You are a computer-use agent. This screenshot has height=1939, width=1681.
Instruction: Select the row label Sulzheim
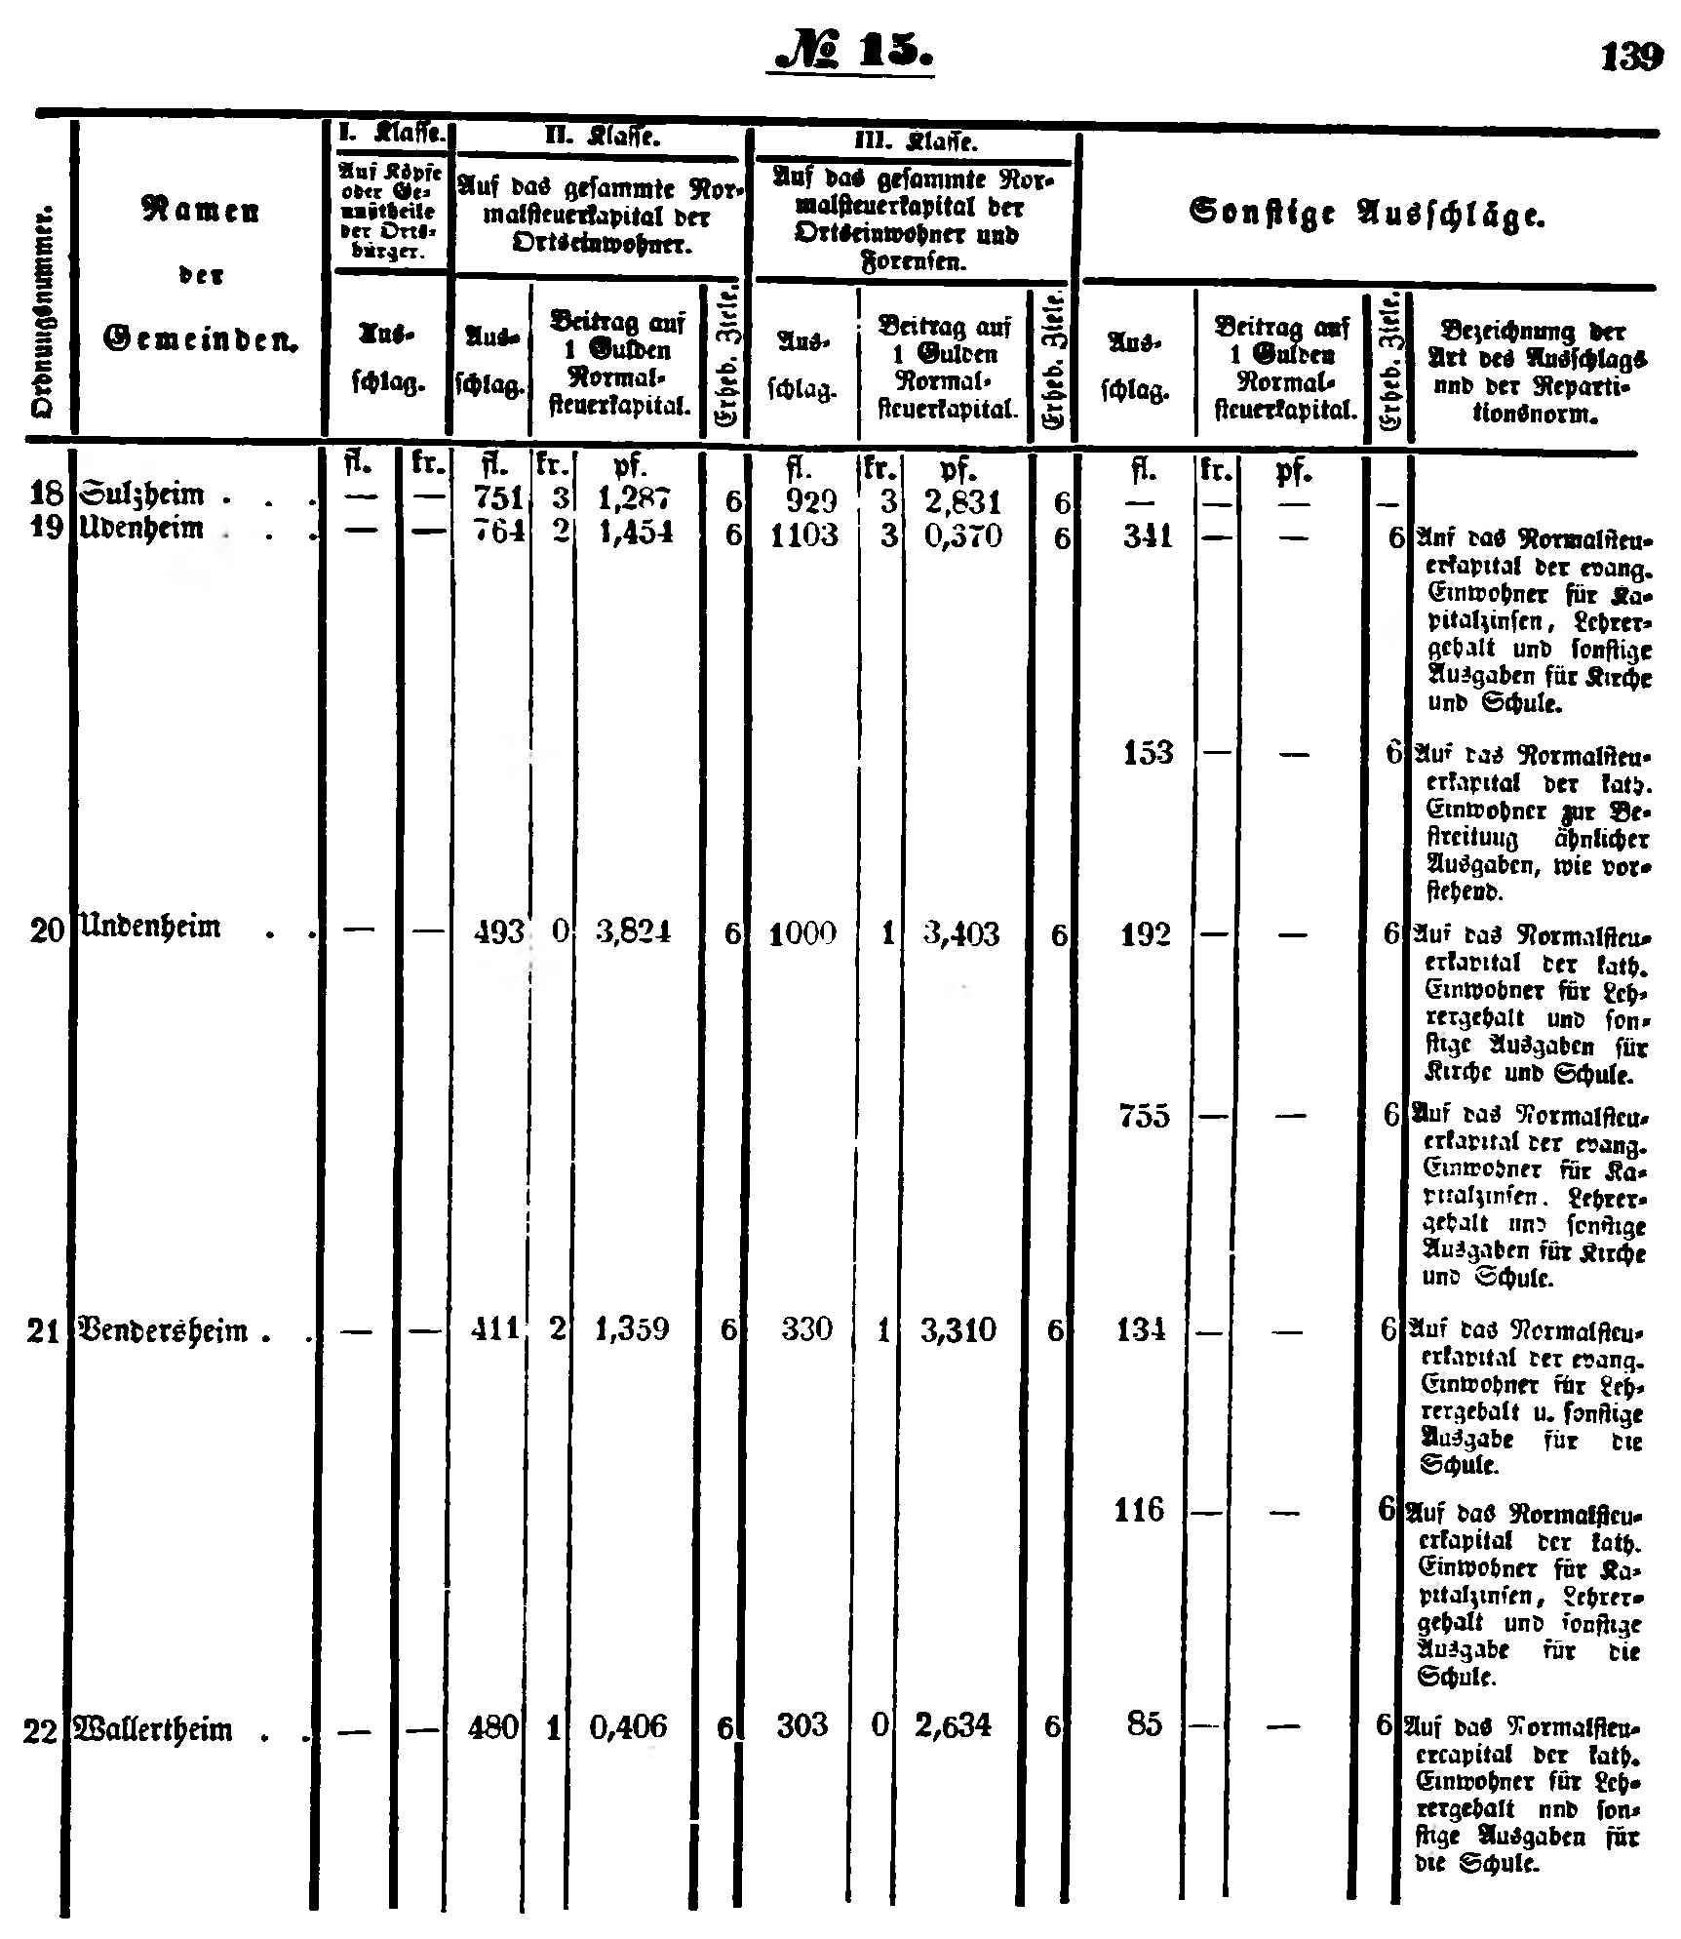click(144, 495)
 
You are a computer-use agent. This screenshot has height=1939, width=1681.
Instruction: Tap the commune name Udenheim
click(144, 530)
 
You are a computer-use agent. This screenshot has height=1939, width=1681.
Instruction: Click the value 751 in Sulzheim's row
click(498, 498)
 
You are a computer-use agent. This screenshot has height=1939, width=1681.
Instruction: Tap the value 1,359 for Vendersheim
click(632, 1329)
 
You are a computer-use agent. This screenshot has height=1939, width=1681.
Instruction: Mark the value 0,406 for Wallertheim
click(629, 1727)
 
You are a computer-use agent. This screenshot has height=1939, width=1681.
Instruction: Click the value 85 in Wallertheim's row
click(1145, 1725)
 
